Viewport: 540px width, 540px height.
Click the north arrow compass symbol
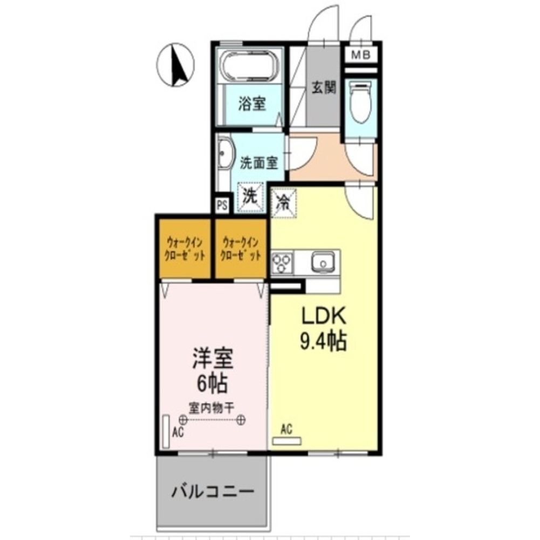[x=176, y=64]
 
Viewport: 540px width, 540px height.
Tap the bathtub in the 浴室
[x=250, y=66]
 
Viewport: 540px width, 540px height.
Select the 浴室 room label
[x=252, y=104]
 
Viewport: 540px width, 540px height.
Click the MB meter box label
[x=361, y=55]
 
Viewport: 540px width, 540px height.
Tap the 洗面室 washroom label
[x=259, y=162]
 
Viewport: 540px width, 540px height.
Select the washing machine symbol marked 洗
[x=250, y=197]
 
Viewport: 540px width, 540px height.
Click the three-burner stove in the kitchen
[x=282, y=263]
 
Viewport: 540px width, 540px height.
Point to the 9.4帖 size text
[x=323, y=341]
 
